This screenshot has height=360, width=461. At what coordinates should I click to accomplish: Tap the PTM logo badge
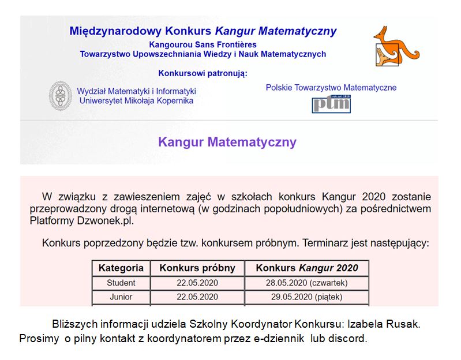[332, 104]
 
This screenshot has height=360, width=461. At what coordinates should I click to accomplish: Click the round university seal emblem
[60, 96]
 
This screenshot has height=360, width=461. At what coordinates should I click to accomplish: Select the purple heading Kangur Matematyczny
[227, 142]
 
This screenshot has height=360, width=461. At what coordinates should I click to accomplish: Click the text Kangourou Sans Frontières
[203, 44]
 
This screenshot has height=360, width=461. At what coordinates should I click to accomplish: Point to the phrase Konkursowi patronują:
[203, 73]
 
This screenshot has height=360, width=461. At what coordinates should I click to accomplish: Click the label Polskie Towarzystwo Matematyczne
[331, 88]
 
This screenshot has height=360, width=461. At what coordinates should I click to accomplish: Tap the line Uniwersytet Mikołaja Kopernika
[136, 100]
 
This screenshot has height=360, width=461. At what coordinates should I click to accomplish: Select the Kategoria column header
[121, 268]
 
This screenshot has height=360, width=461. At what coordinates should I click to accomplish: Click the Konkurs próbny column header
[197, 268]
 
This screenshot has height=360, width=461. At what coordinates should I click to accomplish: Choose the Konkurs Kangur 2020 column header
[306, 268]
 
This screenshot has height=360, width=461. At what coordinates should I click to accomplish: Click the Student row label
[121, 283]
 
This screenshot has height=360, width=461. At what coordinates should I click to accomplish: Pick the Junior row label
[121, 297]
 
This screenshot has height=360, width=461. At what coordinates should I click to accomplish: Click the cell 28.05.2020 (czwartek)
[306, 283]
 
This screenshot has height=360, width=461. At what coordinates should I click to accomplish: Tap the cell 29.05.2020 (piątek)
[306, 297]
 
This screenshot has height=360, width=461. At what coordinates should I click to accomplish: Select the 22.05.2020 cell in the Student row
[197, 283]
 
